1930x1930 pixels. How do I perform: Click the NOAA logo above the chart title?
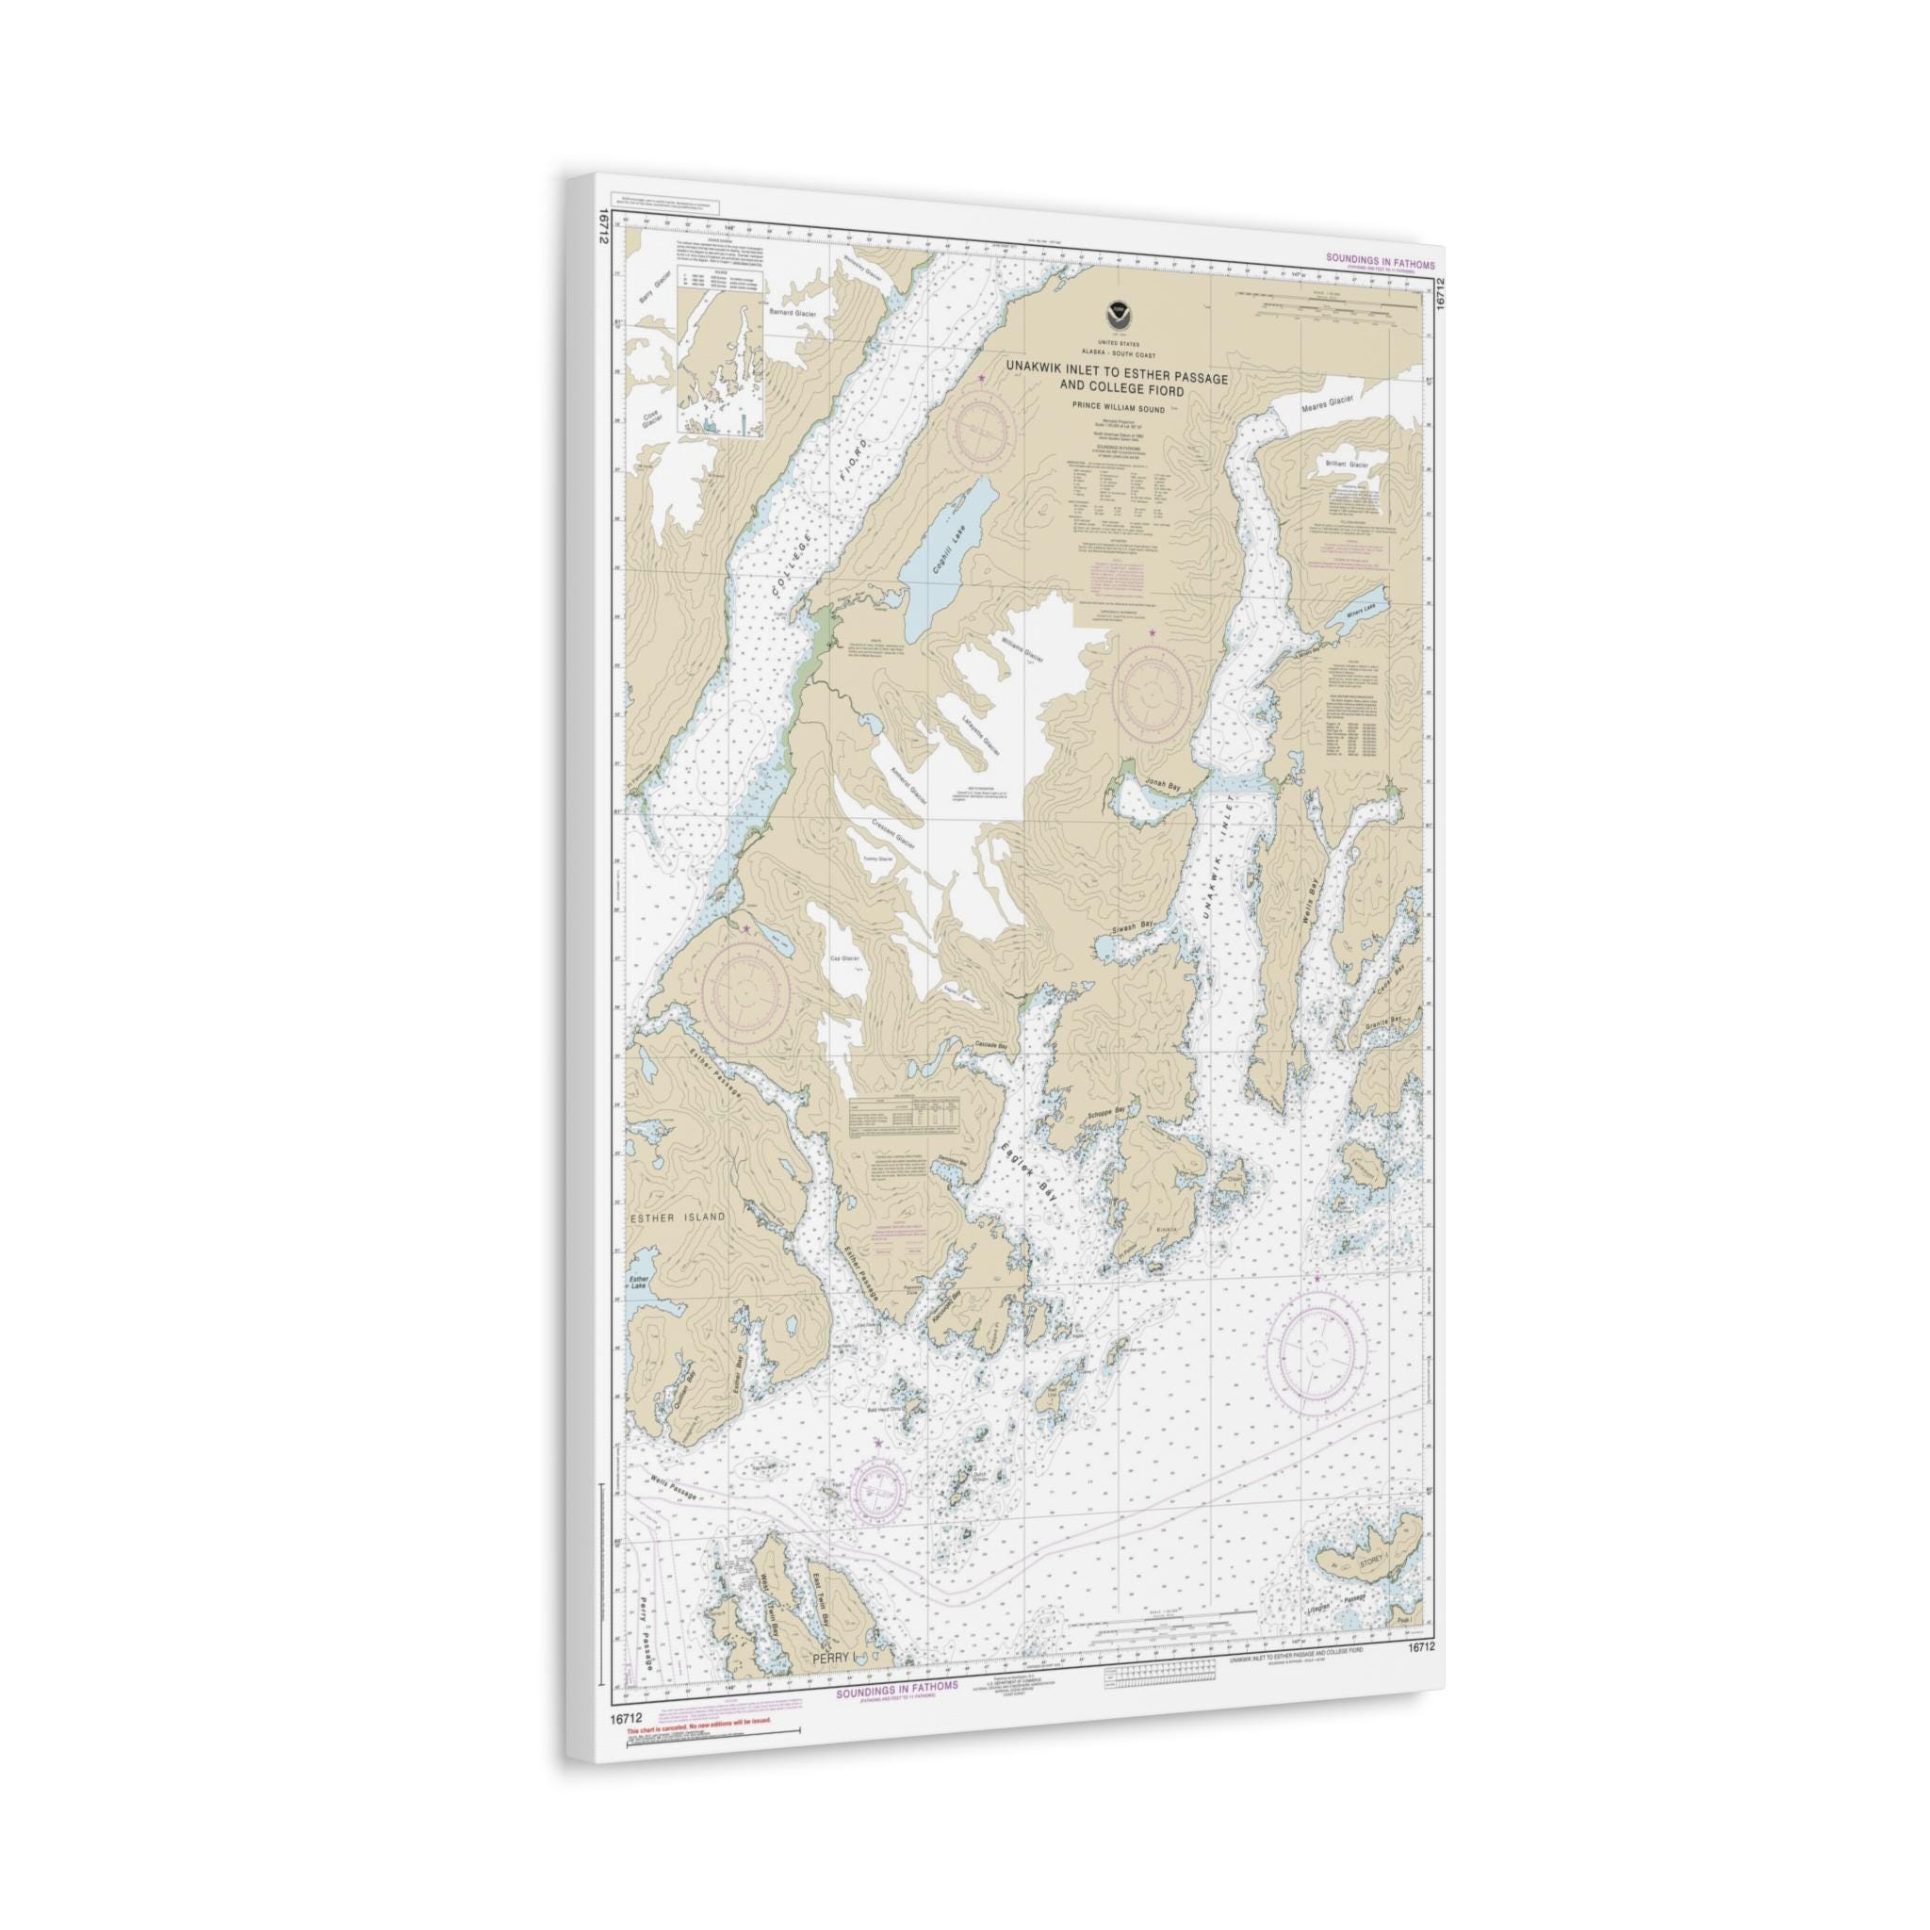pyautogui.click(x=1116, y=315)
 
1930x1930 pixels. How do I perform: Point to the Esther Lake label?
pyautogui.click(x=639, y=1282)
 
